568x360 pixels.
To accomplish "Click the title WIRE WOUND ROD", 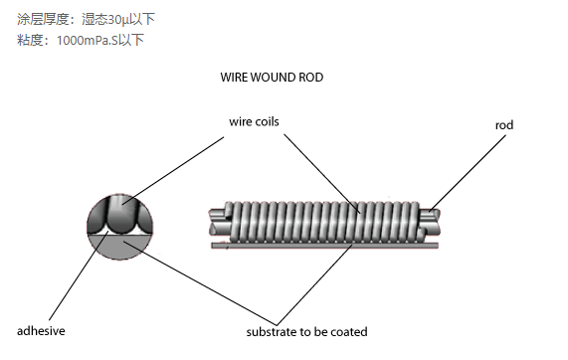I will pos(272,78).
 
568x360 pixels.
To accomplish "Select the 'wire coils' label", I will pos(254,121).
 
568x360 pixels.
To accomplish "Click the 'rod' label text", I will pos(503,125).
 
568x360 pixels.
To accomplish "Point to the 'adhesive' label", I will pos(41,330).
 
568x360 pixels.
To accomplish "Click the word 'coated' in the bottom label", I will pos(349,331).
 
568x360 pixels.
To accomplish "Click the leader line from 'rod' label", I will pos(468,169).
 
